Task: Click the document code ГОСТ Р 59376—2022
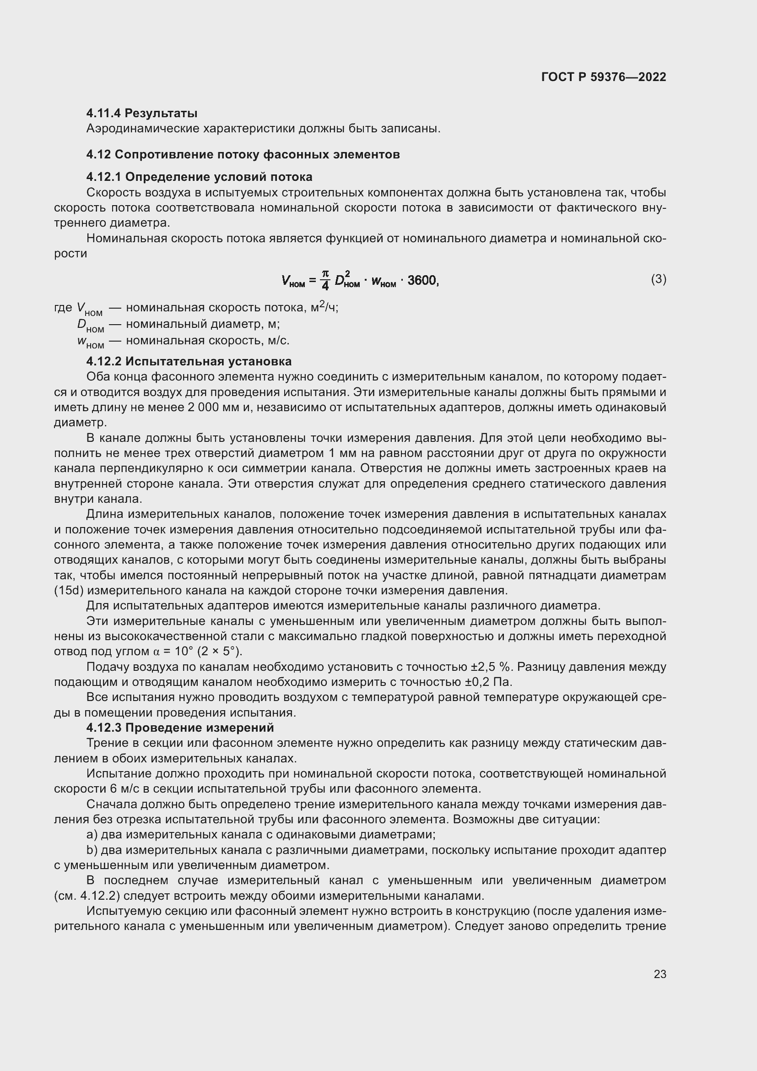603,77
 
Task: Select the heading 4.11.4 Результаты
142,114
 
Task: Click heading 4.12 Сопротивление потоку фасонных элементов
243,154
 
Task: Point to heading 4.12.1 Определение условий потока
199,177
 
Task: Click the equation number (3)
658,279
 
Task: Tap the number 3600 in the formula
422,280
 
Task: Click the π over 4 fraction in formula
325,280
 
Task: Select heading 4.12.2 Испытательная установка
189,361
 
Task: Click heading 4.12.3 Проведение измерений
180,727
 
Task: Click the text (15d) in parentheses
69,591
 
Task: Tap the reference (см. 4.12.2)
87,896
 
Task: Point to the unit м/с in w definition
278,341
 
